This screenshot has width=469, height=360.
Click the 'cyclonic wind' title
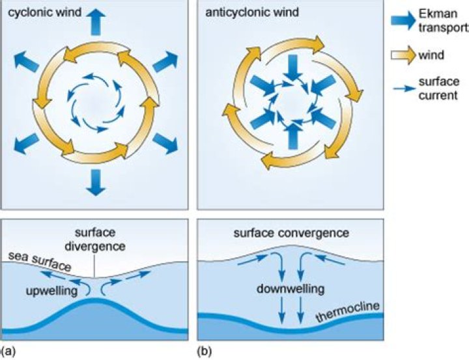[38, 12]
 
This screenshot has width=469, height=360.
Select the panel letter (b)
[204, 352]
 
